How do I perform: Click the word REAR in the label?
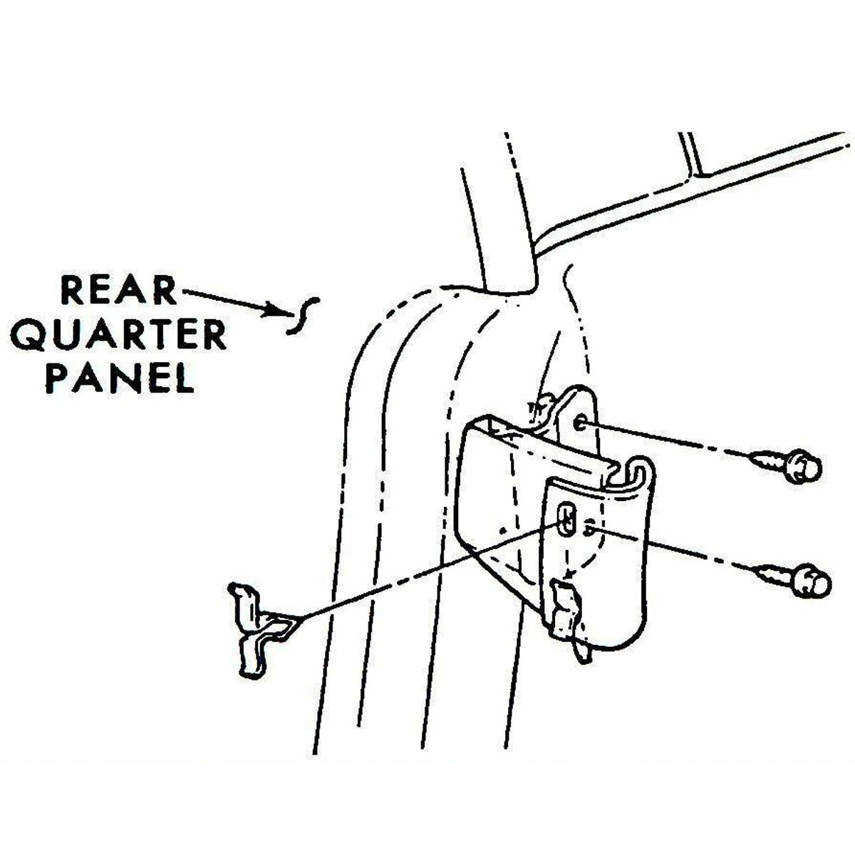pyautogui.click(x=119, y=291)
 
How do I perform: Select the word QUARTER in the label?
pyautogui.click(x=119, y=336)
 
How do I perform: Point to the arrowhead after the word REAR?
pyautogui.click(x=271, y=309)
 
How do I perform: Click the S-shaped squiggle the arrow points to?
pyautogui.click(x=303, y=315)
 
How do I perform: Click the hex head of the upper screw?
pyautogui.click(x=802, y=467)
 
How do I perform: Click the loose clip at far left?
pyautogui.click(x=261, y=636)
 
